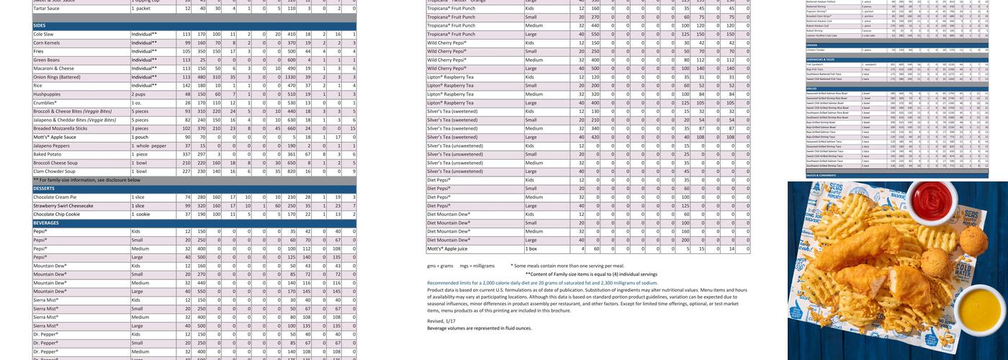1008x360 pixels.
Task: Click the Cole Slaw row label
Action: pyautogui.click(x=44, y=34)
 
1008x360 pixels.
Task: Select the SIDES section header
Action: pyautogui.click(x=40, y=25)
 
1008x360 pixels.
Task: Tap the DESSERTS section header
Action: pyautogui.click(x=45, y=189)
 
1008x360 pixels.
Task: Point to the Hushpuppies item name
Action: pyautogui.click(x=48, y=94)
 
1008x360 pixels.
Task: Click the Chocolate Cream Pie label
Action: pyautogui.click(x=55, y=197)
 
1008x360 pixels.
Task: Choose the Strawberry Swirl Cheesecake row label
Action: pyautogui.click(x=63, y=206)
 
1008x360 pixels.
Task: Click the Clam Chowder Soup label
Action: pyautogui.click(x=55, y=171)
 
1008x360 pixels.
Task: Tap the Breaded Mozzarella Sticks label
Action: pyautogui.click(x=60, y=128)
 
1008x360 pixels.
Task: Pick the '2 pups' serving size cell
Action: pyautogui.click(x=140, y=94)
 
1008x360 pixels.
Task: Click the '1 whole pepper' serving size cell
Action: pyautogui.click(x=148, y=145)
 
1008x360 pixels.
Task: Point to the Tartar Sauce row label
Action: pyautogui.click(x=47, y=8)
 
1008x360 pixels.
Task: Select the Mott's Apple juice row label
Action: pyautogui.click(x=447, y=249)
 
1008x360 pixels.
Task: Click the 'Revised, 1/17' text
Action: pyautogui.click(x=441, y=321)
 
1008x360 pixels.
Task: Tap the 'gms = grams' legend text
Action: pyautogui.click(x=440, y=266)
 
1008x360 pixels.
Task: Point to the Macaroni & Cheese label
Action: pyautogui.click(x=53, y=68)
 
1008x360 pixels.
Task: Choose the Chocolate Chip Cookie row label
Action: pyautogui.click(x=57, y=215)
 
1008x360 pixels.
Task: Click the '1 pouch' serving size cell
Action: pyautogui.click(x=140, y=137)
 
